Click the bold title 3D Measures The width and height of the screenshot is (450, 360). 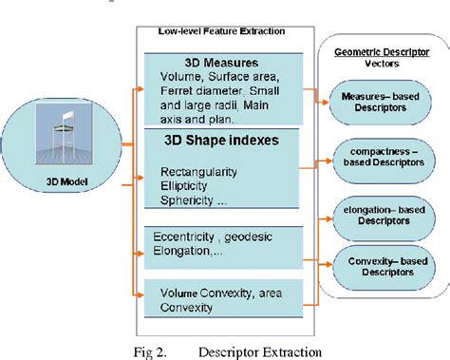tap(206, 64)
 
